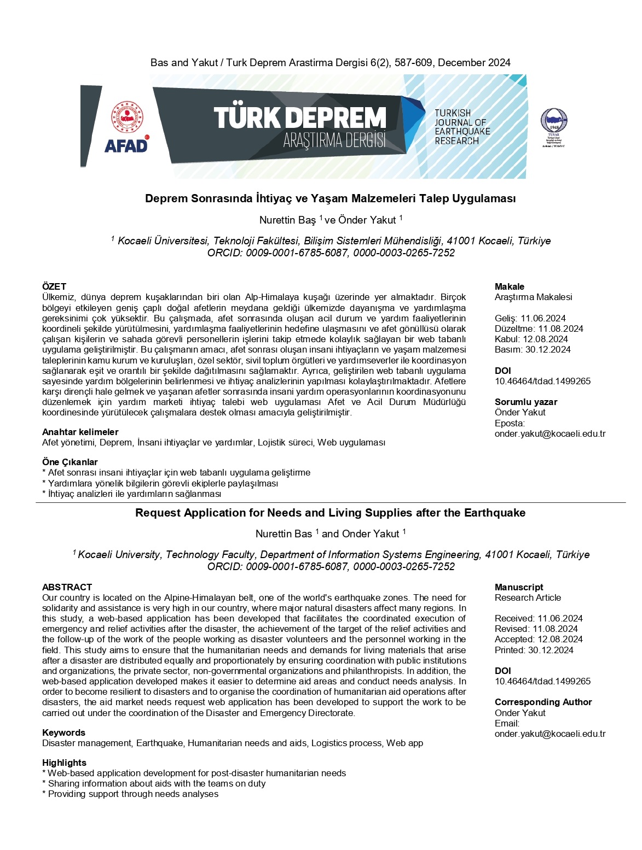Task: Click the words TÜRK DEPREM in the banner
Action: [300, 118]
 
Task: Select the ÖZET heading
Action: [54, 286]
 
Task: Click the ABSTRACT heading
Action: [67, 587]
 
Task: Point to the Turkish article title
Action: [330, 198]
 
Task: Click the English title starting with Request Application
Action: [330, 513]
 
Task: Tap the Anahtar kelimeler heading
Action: [80, 432]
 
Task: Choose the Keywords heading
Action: [63, 732]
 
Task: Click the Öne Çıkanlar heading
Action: [70, 462]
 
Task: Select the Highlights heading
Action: [64, 763]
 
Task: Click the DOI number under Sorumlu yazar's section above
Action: [542, 381]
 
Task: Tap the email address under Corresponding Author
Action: [550, 734]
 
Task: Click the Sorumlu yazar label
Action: [526, 402]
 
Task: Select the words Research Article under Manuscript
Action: [528, 597]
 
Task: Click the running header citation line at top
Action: [330, 63]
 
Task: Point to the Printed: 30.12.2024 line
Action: [534, 650]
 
